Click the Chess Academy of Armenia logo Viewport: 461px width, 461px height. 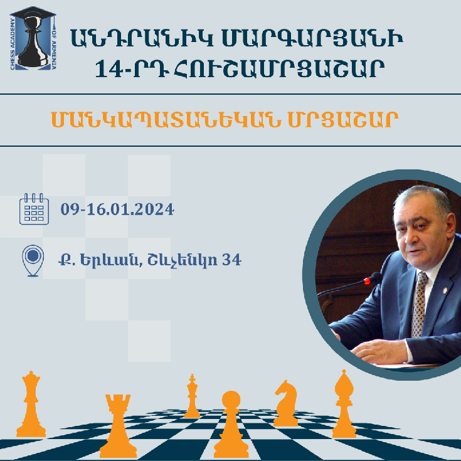pos(33,38)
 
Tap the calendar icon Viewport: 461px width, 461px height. pos(34,209)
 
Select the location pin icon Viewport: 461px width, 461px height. pos(33,260)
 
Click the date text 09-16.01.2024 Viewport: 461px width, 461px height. pos(117,209)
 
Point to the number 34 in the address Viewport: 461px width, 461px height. pos(231,260)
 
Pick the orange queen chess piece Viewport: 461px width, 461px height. pos(31,404)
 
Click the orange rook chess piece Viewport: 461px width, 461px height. pos(118,426)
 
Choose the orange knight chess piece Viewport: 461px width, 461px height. pos(286,403)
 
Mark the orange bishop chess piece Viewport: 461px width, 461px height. pos(344,404)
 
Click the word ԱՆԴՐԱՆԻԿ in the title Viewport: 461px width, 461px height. pos(142,38)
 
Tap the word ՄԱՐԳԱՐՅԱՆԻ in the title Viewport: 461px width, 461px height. pos(312,38)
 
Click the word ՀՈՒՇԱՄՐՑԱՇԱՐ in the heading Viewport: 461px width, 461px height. pos(279,69)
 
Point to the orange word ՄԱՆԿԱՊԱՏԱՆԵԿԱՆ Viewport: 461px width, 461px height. pos(166,120)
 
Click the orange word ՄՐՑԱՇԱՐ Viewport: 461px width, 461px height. pos(343,120)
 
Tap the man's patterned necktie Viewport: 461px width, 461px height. pos(419,305)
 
